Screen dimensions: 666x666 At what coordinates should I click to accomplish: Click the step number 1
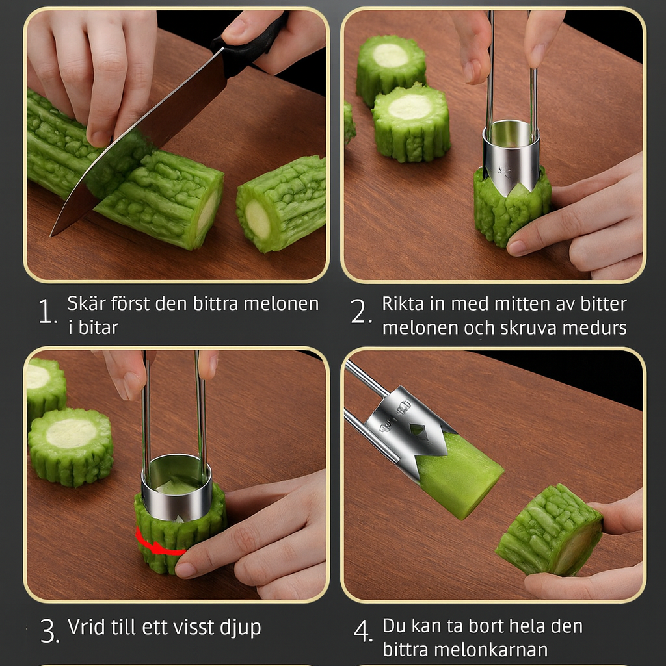(46, 311)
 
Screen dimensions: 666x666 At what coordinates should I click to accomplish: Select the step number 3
(49, 631)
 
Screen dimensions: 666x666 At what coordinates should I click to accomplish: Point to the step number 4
(362, 631)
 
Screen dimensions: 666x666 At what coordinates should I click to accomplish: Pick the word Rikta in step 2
(403, 303)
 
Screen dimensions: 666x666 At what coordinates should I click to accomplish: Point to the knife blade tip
(51, 235)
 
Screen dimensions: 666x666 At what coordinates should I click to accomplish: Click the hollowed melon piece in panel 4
(550, 531)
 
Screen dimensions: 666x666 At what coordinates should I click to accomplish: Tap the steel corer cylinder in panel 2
(511, 155)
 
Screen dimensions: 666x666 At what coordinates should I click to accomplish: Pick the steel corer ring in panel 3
(177, 487)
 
